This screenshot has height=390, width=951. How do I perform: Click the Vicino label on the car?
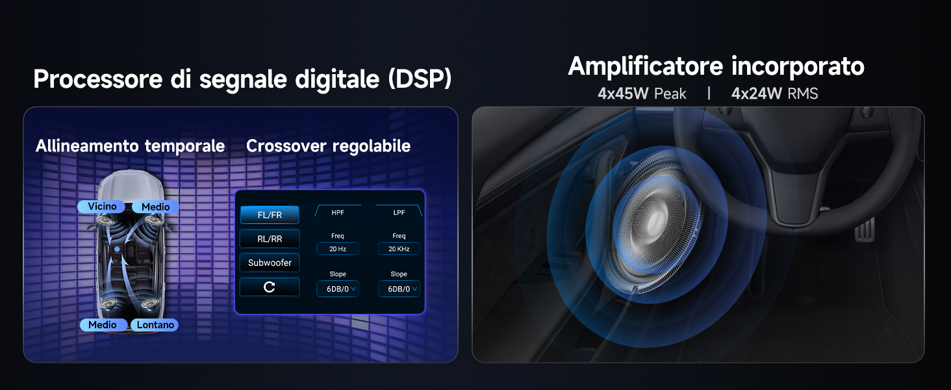[102, 207]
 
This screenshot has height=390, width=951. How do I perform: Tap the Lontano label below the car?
[155, 324]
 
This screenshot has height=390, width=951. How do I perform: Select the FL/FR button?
[270, 215]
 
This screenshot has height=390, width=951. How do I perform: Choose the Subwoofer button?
[270, 263]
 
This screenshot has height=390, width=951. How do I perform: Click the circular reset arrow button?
[270, 287]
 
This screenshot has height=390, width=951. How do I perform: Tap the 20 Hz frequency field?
[337, 249]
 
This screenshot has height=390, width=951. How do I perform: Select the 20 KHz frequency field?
[399, 249]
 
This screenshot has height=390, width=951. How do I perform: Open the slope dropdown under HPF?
[337, 289]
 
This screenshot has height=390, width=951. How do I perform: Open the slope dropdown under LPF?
[399, 289]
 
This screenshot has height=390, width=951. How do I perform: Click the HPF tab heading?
[338, 212]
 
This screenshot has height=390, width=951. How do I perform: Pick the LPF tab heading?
[399, 212]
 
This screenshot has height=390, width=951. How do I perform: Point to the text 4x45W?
[623, 94]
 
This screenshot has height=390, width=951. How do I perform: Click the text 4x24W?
[756, 94]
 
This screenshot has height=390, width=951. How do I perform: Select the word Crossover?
[286, 146]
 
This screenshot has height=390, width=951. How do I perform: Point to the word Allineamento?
[86, 146]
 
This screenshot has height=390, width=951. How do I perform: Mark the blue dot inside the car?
[117, 249]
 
